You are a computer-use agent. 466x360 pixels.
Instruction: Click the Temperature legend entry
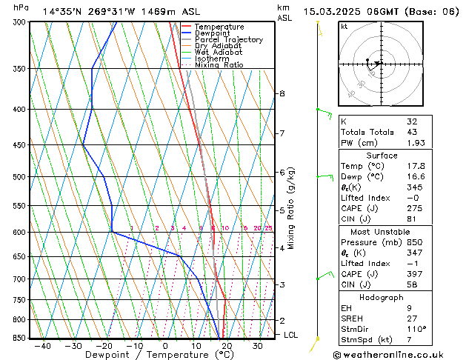[x=219, y=27]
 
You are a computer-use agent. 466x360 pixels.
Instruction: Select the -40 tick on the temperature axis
[x=42, y=346]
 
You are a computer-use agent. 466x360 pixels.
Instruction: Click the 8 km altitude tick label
[x=282, y=94]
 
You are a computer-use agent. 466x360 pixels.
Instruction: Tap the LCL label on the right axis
[x=292, y=335]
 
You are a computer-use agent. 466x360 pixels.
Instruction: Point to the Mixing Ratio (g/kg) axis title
[x=291, y=207]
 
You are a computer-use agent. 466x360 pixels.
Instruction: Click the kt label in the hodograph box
[x=344, y=27]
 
